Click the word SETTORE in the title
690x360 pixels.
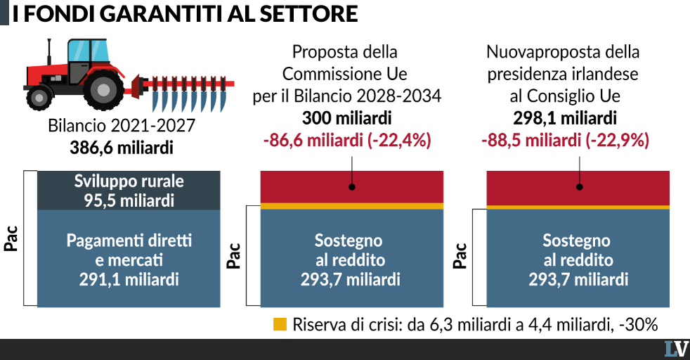coord(308,13)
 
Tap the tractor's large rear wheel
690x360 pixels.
coord(103,90)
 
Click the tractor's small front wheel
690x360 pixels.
coord(39,97)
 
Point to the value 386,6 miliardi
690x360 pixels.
coord(122,148)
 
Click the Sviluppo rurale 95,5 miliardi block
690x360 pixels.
coord(129,190)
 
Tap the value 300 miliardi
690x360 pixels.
coord(347,118)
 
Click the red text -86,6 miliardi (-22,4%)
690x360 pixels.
coord(347,141)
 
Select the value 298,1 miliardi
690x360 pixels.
coord(565,118)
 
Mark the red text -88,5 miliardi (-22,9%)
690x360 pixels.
coord(565,141)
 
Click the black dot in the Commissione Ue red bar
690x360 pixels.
coord(352,187)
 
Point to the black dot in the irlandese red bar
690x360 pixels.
coord(580,187)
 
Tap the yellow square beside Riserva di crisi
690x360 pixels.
coord(280,324)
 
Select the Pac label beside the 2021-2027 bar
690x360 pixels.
coord(11,238)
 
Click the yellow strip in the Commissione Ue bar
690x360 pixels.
coord(352,206)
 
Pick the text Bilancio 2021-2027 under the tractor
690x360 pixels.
coord(122,125)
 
